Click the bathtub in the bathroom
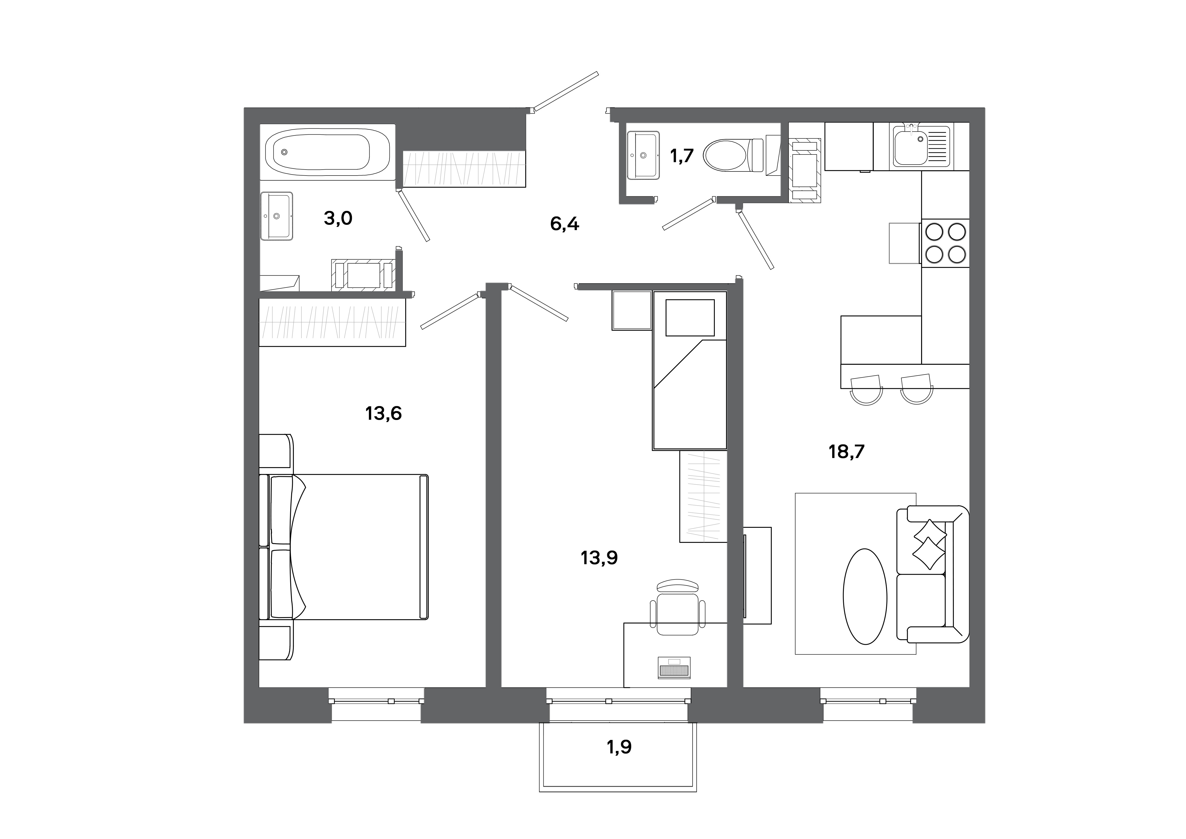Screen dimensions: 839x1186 pos(317,152)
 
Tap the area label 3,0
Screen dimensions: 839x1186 pos(338,219)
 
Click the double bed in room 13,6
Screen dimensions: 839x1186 pos(351,546)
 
